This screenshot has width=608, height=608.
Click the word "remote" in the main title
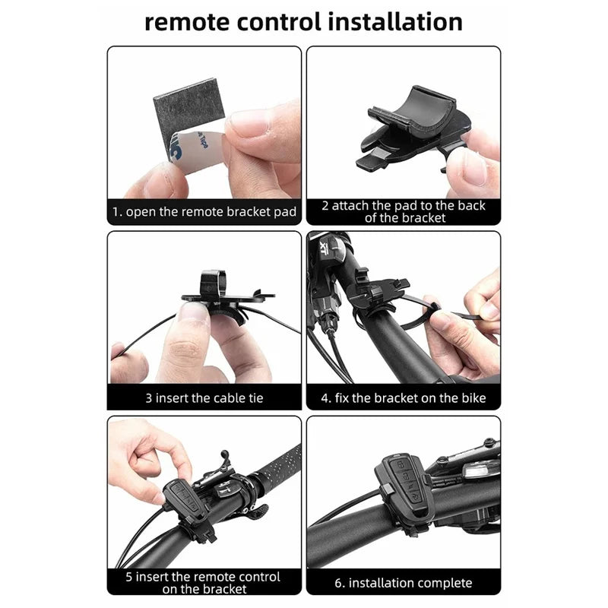186,22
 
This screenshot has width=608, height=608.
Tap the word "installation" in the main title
395,21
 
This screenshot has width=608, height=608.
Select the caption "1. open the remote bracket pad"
204,212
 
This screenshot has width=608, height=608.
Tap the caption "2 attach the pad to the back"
404,205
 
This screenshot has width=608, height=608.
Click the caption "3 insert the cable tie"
204,398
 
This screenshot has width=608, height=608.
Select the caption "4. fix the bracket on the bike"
404,398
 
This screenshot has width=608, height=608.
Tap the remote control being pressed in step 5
185,500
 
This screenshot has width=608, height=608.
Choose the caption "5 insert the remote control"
203,577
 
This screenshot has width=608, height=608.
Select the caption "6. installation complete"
404,583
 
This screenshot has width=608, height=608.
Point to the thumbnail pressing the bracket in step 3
193,310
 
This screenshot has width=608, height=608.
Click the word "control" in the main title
278,22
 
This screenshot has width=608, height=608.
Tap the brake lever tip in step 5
224,453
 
